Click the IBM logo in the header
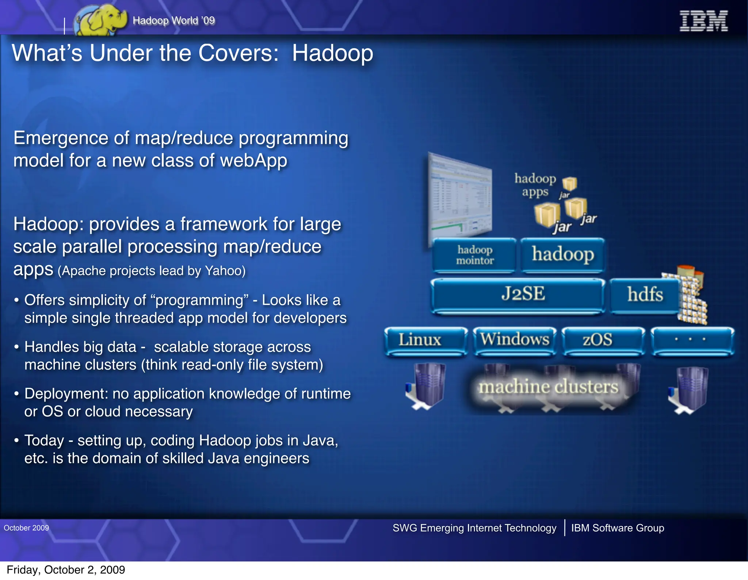703,21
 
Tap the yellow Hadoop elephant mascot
100,21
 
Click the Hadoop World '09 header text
174,20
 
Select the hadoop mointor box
474,255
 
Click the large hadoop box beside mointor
562,255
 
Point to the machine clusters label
549,387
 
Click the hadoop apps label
535,185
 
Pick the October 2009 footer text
26,528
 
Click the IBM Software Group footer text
617,528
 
